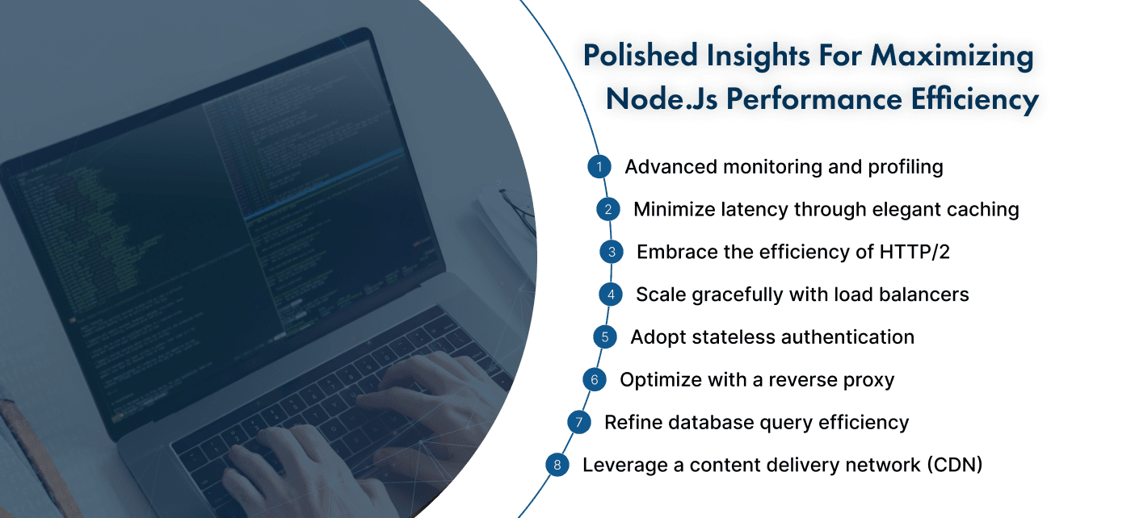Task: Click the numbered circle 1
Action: point(599,167)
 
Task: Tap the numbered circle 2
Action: point(608,210)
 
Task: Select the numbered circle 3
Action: point(612,252)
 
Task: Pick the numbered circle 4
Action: point(610,295)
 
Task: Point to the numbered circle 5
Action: point(604,336)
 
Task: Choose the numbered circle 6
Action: point(594,379)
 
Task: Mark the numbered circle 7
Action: point(578,422)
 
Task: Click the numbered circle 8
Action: point(557,465)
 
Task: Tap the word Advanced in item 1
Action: point(670,167)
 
